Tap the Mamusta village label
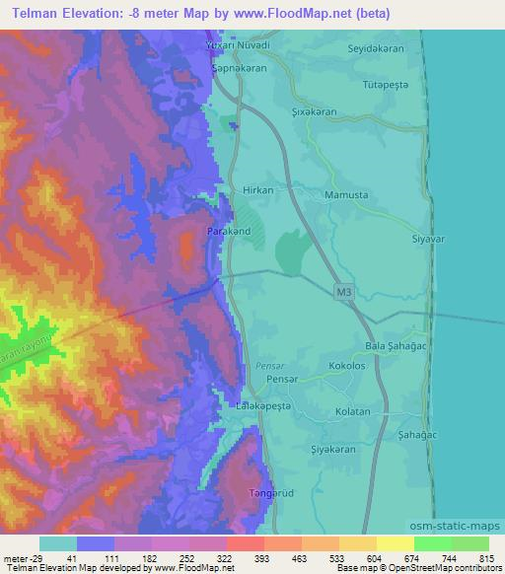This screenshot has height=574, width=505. [346, 195]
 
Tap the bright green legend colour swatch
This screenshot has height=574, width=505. [432, 543]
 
